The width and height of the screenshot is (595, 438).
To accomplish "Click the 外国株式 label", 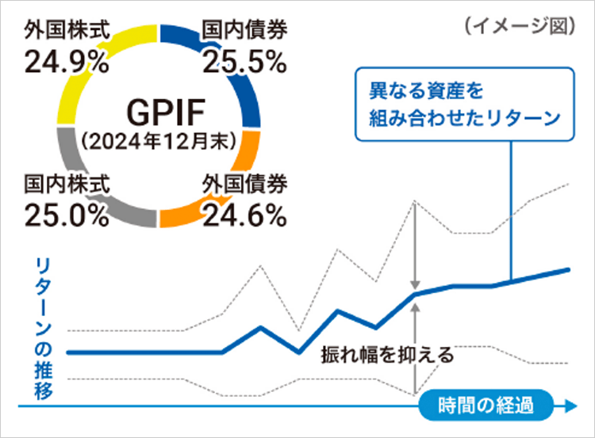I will [65, 32].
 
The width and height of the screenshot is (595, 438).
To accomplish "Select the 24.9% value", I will [66, 61].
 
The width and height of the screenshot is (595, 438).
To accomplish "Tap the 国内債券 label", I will [244, 32].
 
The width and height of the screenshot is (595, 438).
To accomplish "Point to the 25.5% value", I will [244, 61].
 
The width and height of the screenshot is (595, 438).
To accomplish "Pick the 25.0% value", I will [66, 213].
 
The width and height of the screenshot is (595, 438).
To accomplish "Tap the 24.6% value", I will [244, 213].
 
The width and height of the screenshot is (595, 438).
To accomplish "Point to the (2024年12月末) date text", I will [155, 139].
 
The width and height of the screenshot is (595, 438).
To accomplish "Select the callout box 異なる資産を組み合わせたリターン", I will [463, 104].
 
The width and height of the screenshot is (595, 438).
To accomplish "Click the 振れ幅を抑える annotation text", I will [386, 353].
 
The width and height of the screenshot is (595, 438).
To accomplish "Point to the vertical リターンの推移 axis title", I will [44, 329].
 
